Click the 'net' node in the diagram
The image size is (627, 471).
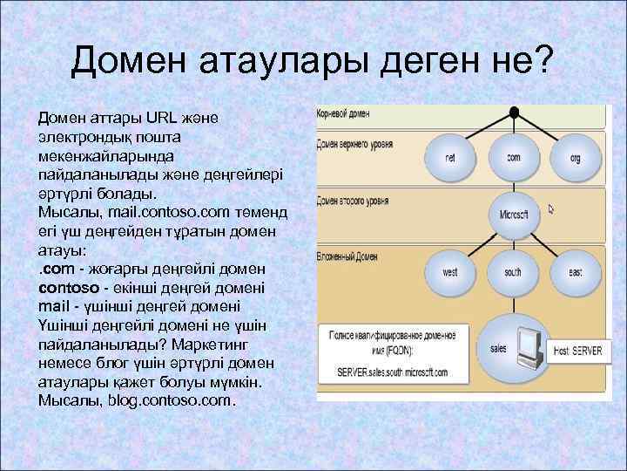450,159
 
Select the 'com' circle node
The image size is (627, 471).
514,158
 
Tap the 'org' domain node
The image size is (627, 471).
575,159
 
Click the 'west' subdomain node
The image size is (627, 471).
450,272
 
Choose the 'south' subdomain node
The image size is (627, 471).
514,272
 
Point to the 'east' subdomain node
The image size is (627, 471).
575,272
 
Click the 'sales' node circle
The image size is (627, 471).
499,348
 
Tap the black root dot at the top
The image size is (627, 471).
515,113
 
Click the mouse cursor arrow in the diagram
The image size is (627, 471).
550,209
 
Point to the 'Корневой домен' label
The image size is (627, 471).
344,113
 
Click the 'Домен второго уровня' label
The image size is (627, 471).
354,201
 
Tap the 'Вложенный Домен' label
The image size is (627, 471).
347,257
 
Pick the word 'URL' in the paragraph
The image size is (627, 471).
161,117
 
